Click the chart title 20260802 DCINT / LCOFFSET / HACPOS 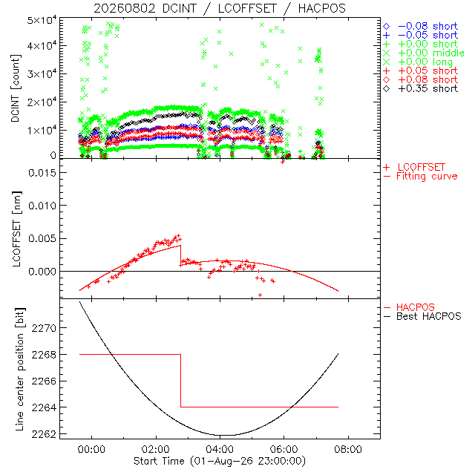click(x=220, y=8)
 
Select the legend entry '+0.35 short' click(x=421, y=89)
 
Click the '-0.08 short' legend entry click(x=421, y=27)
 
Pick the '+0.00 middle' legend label click(x=424, y=53)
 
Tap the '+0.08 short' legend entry click(x=421, y=80)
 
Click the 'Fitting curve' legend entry click(x=421, y=177)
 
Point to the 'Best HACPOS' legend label click(x=422, y=317)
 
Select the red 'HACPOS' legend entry click(x=409, y=307)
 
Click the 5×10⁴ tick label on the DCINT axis click(x=42, y=21)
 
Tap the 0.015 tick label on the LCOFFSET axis click(x=42, y=173)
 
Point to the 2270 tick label click(x=45, y=328)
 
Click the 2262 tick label click(x=45, y=434)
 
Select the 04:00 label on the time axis click(x=220, y=449)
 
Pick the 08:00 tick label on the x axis click(x=348, y=449)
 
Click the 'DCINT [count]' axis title click(x=16, y=88)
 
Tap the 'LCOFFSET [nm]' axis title click(x=16, y=229)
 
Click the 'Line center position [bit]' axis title click(x=19, y=370)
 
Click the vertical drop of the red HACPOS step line click(x=181, y=381)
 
